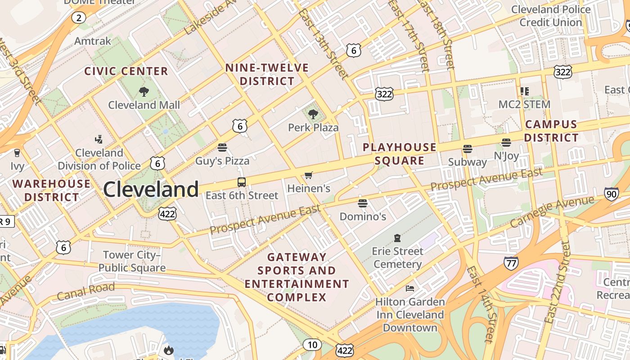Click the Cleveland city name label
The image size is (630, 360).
click(151, 189)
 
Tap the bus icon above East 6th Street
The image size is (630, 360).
click(242, 182)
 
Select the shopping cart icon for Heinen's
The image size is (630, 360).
click(308, 175)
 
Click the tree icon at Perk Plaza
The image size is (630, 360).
click(313, 114)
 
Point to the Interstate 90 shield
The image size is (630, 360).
click(611, 194)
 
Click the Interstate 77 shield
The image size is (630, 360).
click(511, 263)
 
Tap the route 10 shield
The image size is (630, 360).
click(312, 345)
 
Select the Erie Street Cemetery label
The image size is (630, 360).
click(398, 257)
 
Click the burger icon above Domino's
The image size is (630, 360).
click(363, 203)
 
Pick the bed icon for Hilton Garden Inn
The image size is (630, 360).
click(409, 288)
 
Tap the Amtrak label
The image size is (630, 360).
click(93, 41)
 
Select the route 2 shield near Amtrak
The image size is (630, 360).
click(79, 18)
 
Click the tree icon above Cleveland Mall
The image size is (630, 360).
click(144, 92)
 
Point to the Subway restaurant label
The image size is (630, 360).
click(468, 162)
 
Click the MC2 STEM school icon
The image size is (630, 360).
click(524, 91)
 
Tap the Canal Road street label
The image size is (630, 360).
click(85, 291)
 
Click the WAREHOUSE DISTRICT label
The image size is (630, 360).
click(51, 190)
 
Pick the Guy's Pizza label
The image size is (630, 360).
click(222, 160)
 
